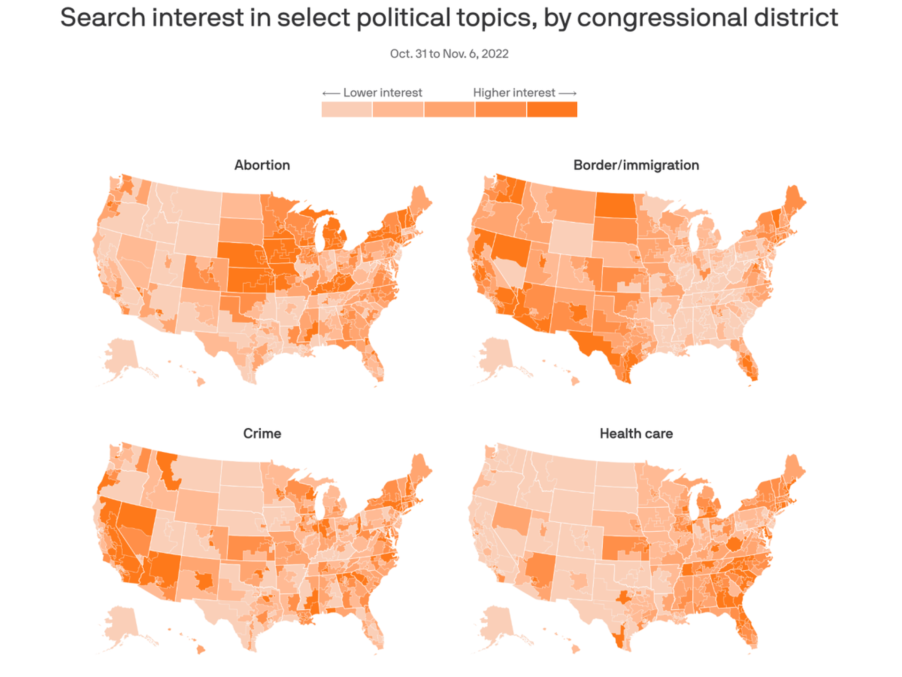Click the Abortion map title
[262, 165]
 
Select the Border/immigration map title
[636, 165]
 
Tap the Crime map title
[262, 433]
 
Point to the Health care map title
[636, 433]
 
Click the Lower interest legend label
[382, 93]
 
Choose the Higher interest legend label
[514, 93]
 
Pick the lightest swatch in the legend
[347, 110]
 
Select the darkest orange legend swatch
[552, 110]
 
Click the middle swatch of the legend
[449, 110]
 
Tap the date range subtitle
[449, 54]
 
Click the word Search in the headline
[103, 18]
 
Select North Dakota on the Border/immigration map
[615, 206]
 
